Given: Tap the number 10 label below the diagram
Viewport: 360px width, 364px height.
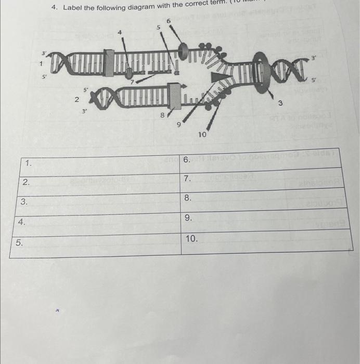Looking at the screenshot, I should (x=202, y=134).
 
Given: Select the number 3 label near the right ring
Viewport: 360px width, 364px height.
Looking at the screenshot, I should (x=280, y=104).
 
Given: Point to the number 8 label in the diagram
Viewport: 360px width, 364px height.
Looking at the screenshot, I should (x=162, y=115).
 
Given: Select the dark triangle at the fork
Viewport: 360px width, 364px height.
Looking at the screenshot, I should (x=221, y=77).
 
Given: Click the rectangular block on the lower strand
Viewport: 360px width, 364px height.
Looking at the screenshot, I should (x=175, y=98).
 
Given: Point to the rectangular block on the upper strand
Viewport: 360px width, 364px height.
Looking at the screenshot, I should (x=108, y=63).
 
